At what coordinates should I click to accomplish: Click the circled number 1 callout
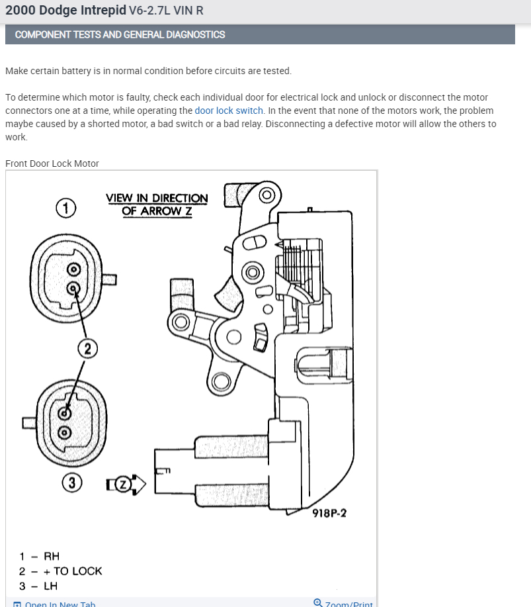pos(65,208)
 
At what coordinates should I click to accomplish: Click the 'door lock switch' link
pos(229,111)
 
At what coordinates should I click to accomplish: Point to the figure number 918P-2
pos(329,513)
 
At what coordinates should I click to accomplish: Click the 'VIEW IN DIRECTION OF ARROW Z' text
pos(157,205)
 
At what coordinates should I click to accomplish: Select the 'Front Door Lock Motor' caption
pos(52,163)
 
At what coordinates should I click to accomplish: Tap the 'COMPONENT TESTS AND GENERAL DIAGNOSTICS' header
pos(120,34)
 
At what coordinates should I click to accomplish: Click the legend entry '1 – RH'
pos(39,556)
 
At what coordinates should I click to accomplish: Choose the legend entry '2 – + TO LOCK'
pos(60,571)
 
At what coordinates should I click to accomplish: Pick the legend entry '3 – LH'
pos(38,586)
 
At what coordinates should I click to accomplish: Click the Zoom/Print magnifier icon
pos(318,603)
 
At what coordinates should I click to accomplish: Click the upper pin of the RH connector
pos(74,269)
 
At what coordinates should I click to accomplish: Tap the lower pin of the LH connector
pos(64,432)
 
